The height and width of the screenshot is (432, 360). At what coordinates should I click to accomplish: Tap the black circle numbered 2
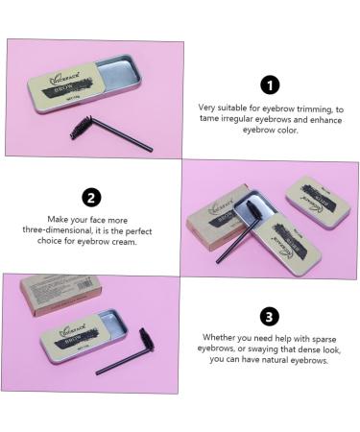pyautogui.click(x=92, y=198)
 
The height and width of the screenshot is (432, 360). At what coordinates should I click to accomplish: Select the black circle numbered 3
pyautogui.click(x=269, y=315)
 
